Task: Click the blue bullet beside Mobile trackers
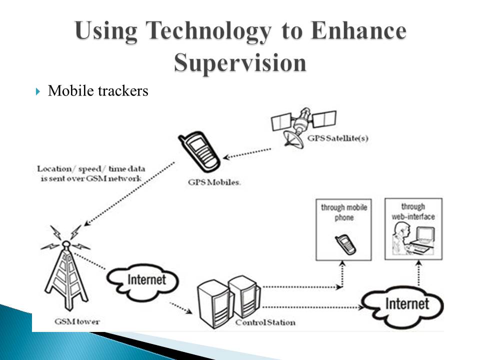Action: pyautogui.click(x=38, y=91)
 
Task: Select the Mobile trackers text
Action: pyautogui.click(x=98, y=91)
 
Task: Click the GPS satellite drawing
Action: pyautogui.click(x=302, y=125)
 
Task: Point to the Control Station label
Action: pyautogui.click(x=265, y=322)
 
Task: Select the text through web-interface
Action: pyautogui.click(x=413, y=211)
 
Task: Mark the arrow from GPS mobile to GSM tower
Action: pyautogui.click(x=130, y=195)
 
